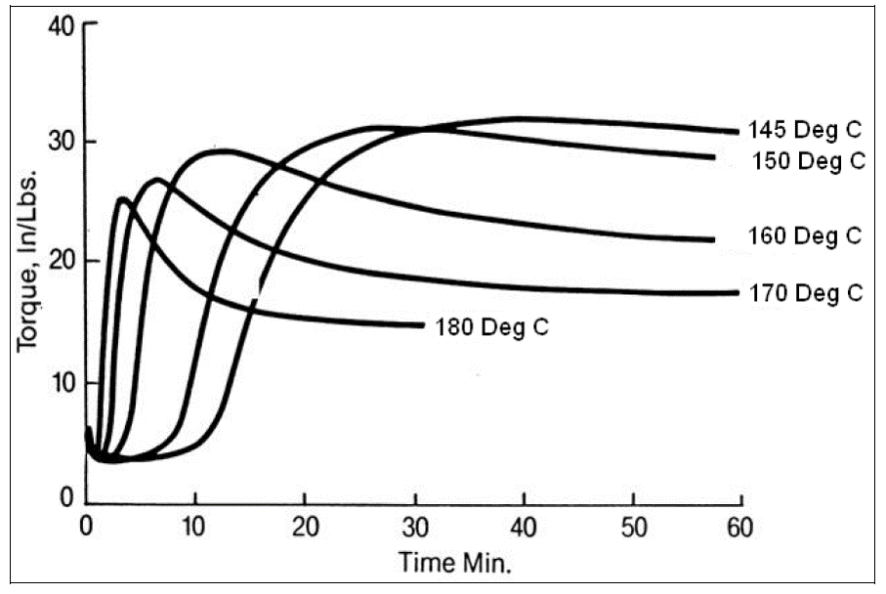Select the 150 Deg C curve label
(x=808, y=160)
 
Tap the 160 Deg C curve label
(x=805, y=236)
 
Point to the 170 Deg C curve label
(x=806, y=292)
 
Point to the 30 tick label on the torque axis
(x=62, y=143)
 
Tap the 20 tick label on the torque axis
(x=62, y=262)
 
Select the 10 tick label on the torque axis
(x=62, y=381)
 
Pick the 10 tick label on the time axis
(x=195, y=529)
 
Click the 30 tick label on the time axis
(x=414, y=529)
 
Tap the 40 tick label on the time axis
(x=524, y=529)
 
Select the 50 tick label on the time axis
(x=633, y=529)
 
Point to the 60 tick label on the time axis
(x=742, y=529)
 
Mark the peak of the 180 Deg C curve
(x=122, y=199)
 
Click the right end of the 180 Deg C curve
(x=424, y=324)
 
